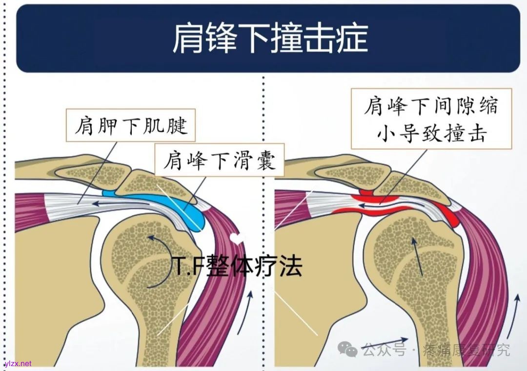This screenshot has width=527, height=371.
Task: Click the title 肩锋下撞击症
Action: (x=269, y=39)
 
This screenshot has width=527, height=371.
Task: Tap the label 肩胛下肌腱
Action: (x=130, y=126)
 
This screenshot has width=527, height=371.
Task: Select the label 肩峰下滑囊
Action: (x=220, y=160)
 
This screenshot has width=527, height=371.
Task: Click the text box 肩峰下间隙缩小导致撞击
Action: (x=431, y=119)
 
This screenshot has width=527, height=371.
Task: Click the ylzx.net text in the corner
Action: (x=18, y=364)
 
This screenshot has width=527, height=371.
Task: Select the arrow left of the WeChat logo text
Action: (x=385, y=344)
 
